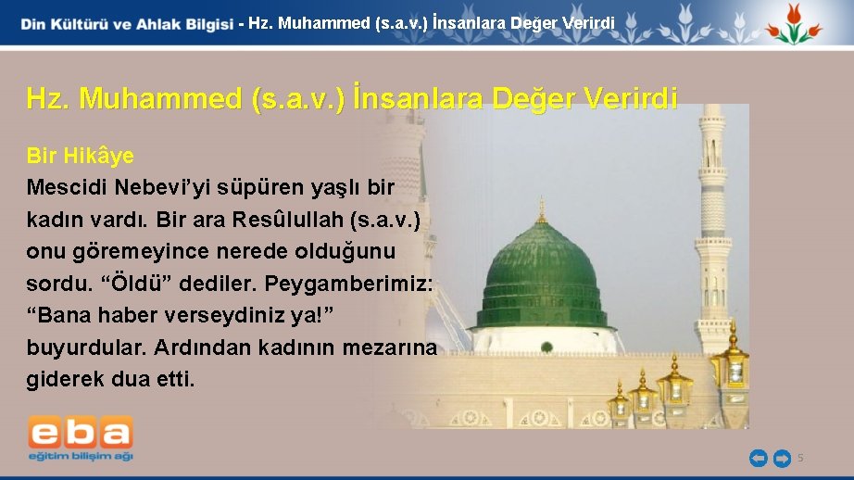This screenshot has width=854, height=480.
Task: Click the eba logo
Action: pyautogui.click(x=81, y=434)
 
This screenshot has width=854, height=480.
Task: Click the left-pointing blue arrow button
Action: pyautogui.click(x=758, y=458)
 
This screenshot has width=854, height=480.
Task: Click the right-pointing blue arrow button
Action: pyautogui.click(x=781, y=458)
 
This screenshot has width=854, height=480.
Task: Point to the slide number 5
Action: pyautogui.click(x=801, y=458)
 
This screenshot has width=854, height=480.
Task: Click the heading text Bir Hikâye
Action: pyautogui.click(x=80, y=156)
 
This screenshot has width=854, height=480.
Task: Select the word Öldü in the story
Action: pyautogui.click(x=107, y=283)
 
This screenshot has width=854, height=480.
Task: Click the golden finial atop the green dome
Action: pyautogui.click(x=542, y=210)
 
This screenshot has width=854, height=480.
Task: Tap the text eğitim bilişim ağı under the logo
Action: pyautogui.click(x=81, y=456)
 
